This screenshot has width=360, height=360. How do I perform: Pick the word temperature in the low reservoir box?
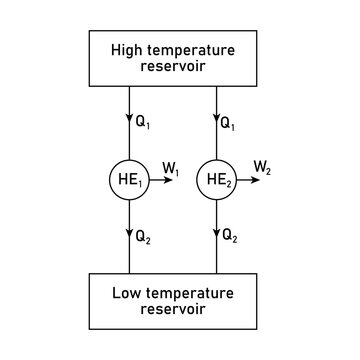[200, 294]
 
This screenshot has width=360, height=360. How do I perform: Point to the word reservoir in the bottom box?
[180, 312]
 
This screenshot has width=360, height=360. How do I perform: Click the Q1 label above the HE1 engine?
[145, 126]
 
